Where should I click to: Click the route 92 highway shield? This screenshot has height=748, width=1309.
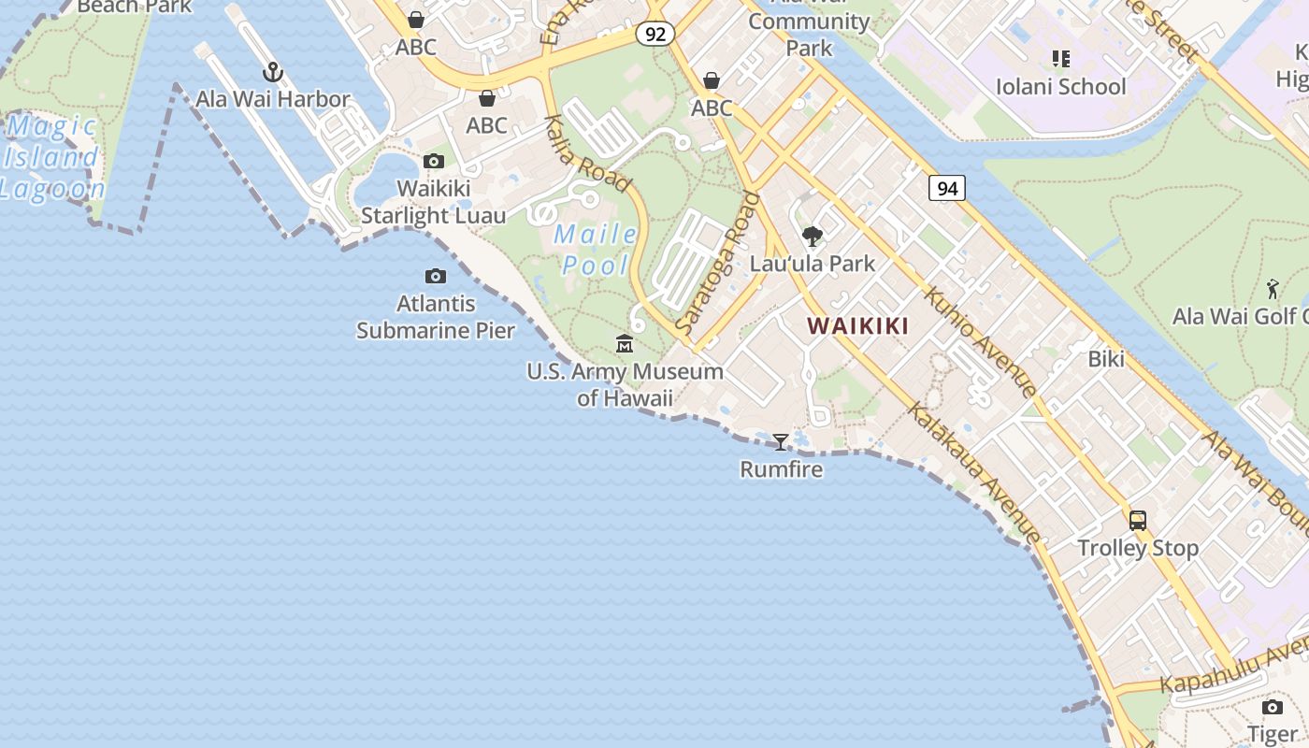click(x=654, y=34)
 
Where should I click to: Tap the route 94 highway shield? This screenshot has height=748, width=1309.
click(x=947, y=188)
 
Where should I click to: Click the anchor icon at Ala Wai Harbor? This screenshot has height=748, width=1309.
click(x=272, y=72)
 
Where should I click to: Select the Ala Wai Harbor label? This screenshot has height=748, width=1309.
click(x=273, y=99)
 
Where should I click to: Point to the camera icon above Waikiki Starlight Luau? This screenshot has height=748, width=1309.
click(x=434, y=162)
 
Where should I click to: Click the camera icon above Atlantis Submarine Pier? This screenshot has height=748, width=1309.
click(x=436, y=276)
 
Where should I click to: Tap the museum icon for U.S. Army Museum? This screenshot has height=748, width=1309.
click(x=625, y=344)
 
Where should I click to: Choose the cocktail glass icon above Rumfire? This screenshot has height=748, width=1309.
click(x=781, y=441)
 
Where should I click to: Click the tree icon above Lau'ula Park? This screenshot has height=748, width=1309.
click(x=813, y=236)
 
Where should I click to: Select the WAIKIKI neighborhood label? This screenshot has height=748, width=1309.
click(x=858, y=326)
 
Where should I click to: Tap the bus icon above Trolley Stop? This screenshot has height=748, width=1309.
click(x=1138, y=521)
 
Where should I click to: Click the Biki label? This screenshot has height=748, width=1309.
click(x=1106, y=359)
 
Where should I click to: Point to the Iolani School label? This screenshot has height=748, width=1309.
click(x=1061, y=87)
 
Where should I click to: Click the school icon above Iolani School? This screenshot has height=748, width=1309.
click(x=1060, y=60)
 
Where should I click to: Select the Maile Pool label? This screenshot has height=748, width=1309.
click(x=596, y=250)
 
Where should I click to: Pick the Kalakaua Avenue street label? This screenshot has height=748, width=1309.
click(x=973, y=473)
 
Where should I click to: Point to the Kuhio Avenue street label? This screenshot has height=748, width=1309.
click(x=979, y=341)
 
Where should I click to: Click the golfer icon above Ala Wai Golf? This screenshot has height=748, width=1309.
click(x=1273, y=289)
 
